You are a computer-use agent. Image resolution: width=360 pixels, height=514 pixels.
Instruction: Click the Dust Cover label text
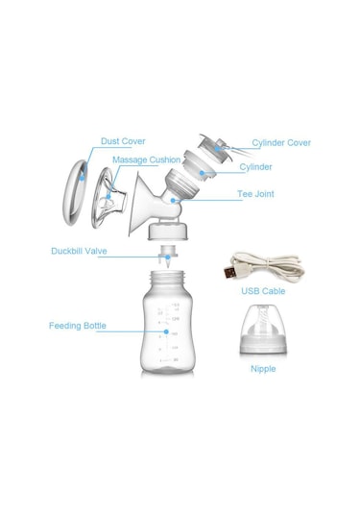123,141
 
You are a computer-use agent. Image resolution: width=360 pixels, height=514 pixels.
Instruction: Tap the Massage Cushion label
147,160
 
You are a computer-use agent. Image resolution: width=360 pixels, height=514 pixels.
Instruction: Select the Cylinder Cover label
281,143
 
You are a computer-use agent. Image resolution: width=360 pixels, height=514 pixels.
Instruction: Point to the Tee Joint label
255,194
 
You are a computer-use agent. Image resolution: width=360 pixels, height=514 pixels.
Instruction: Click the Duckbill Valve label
79,251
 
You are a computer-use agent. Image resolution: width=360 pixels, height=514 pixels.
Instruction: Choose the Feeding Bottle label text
78,326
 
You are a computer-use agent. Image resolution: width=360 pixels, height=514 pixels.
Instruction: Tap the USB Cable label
263,291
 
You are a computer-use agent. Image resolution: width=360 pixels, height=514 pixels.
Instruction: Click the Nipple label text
263,369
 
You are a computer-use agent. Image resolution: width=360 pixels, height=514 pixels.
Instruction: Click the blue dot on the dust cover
82,179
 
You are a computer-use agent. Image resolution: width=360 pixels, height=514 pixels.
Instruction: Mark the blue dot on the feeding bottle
166,331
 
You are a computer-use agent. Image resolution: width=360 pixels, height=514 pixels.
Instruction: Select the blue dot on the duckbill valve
168,257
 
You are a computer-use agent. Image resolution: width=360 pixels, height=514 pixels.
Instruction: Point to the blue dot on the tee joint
173,200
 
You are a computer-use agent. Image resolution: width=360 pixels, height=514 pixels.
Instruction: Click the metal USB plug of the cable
229,273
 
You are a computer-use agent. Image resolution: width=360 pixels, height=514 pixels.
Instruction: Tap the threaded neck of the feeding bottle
167,277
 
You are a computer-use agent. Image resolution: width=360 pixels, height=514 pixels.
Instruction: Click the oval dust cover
76,192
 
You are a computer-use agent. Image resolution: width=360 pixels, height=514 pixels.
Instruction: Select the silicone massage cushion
108,198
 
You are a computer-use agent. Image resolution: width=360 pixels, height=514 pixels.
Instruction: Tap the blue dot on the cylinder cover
217,149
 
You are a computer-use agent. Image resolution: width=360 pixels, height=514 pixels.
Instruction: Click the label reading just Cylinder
255,167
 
